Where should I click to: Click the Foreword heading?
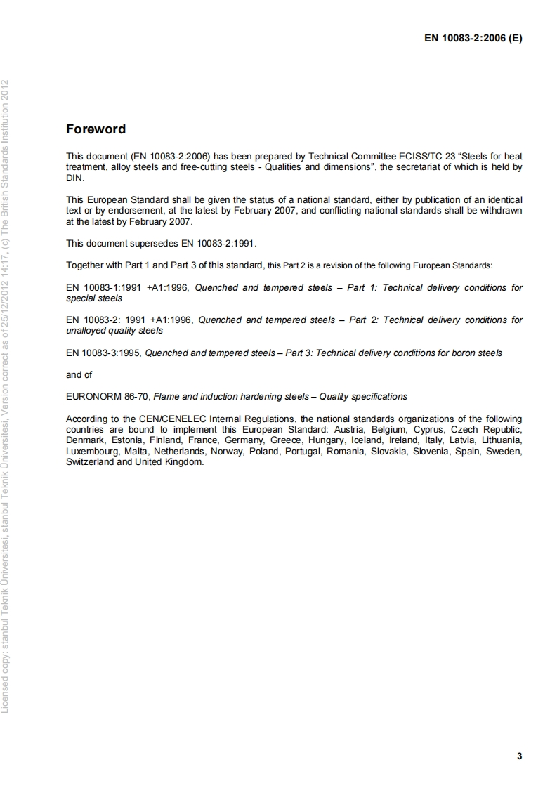coord(96,129)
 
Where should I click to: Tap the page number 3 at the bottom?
coord(519,756)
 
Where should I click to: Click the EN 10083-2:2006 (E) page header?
coord(473,39)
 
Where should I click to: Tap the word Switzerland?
coord(89,462)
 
